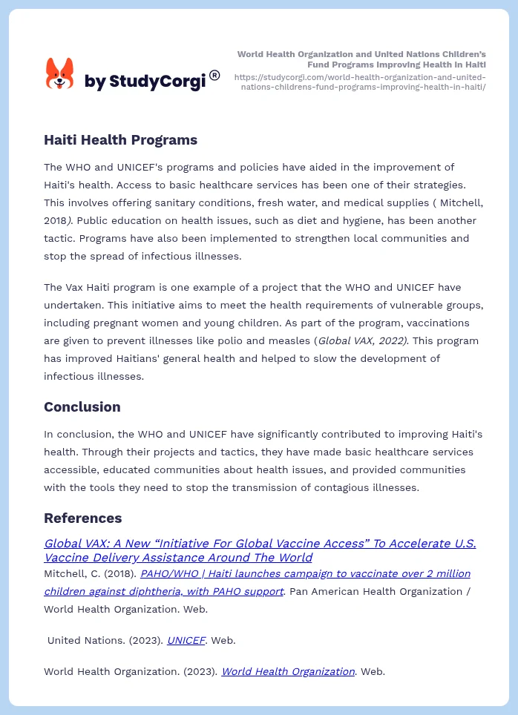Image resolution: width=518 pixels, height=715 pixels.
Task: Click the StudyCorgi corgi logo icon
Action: [60, 74]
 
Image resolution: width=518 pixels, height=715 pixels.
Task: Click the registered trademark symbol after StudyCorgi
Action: [214, 75]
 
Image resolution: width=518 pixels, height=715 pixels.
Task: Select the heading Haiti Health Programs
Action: [120, 139]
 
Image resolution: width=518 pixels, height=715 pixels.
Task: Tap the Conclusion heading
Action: [82, 406]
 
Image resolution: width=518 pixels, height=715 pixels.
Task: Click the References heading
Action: [82, 518]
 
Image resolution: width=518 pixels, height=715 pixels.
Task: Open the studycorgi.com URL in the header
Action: [360, 82]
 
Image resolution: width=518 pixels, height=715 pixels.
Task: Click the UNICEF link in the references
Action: [186, 640]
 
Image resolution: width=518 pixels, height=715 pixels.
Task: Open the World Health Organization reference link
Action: [288, 671]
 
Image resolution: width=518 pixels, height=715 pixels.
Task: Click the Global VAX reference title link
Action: [260, 550]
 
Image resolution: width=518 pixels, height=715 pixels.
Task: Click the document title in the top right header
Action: [361, 59]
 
